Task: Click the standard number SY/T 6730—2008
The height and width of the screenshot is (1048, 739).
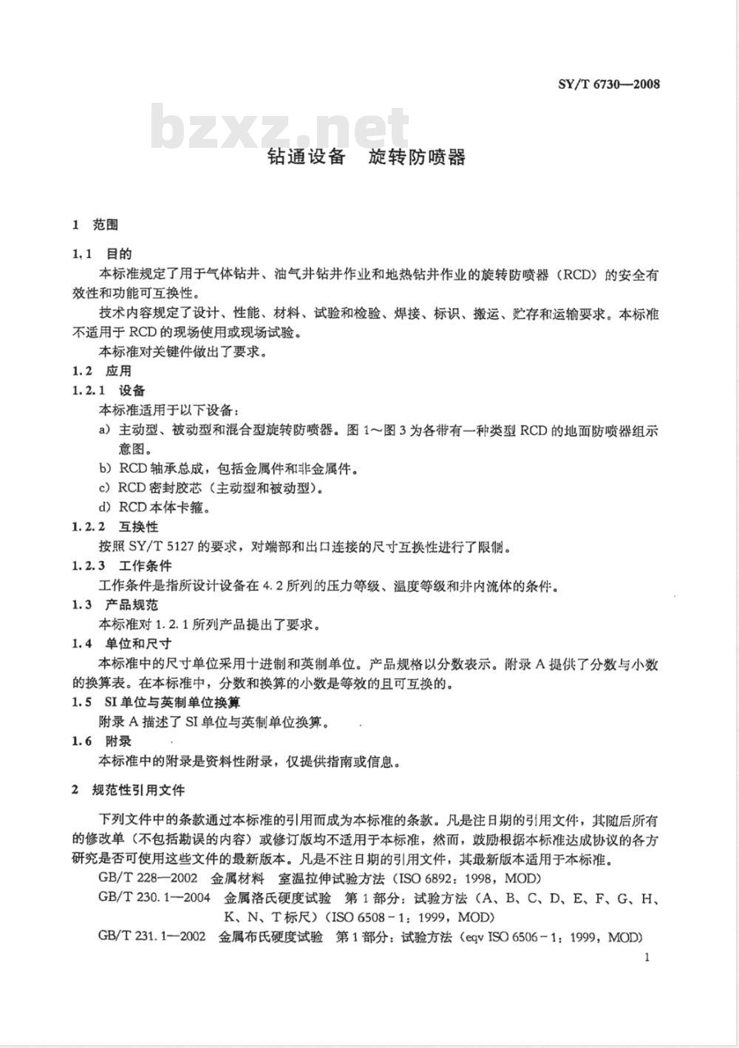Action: [607, 83]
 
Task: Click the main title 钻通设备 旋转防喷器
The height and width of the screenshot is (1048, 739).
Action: [367, 157]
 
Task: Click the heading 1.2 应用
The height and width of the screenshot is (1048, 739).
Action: [101, 371]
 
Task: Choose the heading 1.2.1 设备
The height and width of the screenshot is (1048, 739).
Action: [109, 390]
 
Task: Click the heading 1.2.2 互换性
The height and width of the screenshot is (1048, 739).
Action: [115, 527]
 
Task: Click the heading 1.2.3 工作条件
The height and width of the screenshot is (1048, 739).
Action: [121, 566]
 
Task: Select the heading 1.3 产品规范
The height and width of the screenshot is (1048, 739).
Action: [115, 605]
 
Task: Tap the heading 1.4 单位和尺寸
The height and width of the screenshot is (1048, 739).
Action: [121, 644]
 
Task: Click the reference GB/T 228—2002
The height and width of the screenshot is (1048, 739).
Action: [146, 879]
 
